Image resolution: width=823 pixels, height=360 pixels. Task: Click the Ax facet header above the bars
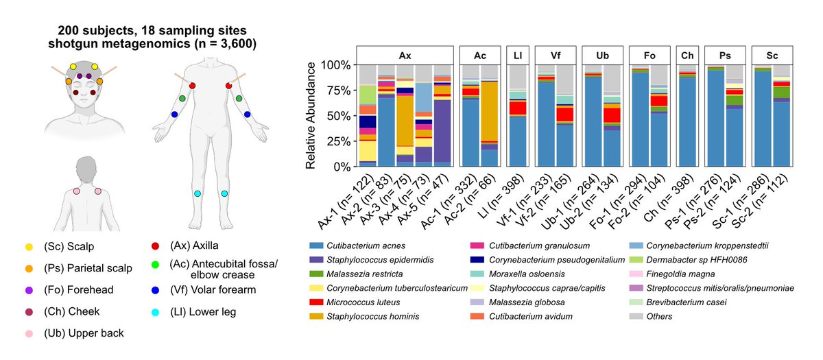click(x=405, y=55)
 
